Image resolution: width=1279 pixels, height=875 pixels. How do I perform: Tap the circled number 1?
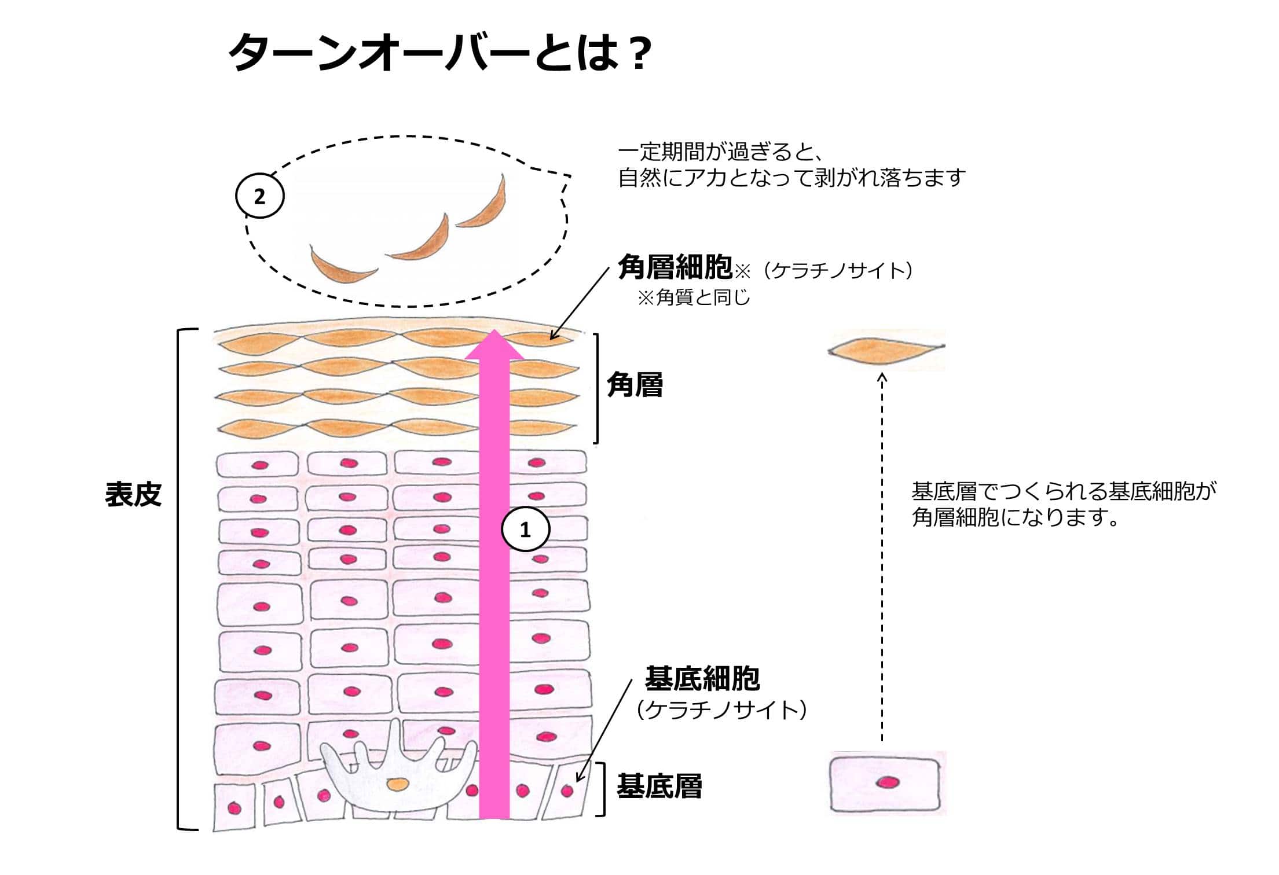pyautogui.click(x=525, y=529)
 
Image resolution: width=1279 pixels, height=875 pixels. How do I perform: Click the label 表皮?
pyautogui.click(x=133, y=494)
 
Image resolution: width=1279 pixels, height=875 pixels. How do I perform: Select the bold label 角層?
pyautogui.click(x=635, y=384)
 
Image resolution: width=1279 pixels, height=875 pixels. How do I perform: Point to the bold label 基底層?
pyautogui.click(x=659, y=785)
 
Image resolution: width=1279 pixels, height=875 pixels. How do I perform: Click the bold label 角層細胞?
pyautogui.click(x=676, y=267)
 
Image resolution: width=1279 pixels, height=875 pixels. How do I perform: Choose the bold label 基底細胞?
pyautogui.click(x=702, y=678)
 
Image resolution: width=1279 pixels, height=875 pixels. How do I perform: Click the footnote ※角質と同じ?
pyautogui.click(x=694, y=297)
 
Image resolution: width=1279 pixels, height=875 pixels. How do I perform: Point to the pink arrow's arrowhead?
pyautogui.click(x=494, y=345)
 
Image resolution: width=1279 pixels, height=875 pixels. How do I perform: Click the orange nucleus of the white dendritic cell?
pyautogui.click(x=397, y=784)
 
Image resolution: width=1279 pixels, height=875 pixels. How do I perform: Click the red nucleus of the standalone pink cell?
pyautogui.click(x=887, y=783)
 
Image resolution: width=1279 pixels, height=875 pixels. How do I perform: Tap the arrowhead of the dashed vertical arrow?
pyautogui.click(x=882, y=378)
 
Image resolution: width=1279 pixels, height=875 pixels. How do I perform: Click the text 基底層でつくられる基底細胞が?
pyautogui.click(x=1064, y=491)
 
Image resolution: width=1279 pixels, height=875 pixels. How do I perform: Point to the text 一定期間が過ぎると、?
pyautogui.click(x=721, y=152)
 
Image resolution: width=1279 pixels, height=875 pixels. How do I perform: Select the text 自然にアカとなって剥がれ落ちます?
pyautogui.click(x=792, y=177)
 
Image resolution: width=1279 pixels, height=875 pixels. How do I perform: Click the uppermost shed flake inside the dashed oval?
pyautogui.click(x=482, y=202)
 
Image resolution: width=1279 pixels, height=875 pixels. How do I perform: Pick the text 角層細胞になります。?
pyautogui.click(x=1016, y=517)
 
